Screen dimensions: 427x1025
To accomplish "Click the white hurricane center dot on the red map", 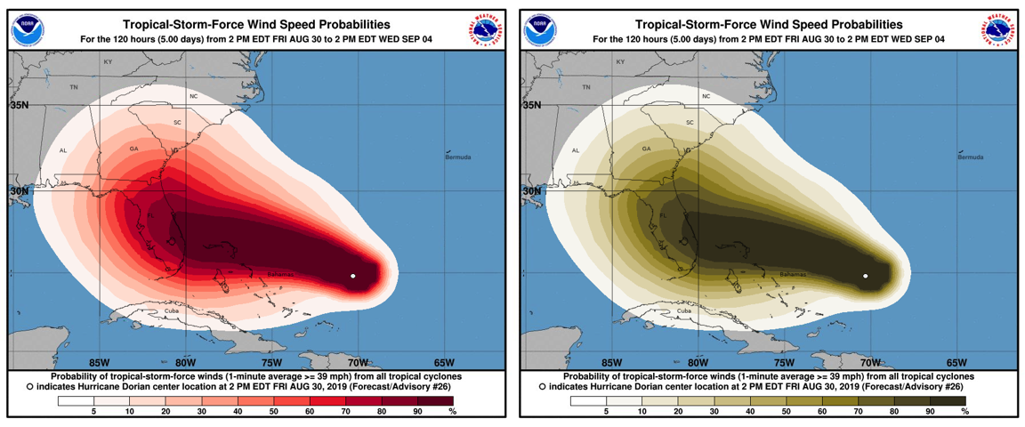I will [353, 277].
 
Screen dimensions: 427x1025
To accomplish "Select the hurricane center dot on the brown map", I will [866, 277].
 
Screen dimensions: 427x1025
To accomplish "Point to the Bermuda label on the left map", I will [458, 157].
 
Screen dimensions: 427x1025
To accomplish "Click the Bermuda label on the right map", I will [971, 157].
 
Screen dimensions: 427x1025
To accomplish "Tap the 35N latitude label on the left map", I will [20, 105].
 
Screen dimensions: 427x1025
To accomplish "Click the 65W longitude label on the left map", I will [444, 362].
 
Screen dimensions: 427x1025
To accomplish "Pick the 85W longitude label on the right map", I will [611, 362].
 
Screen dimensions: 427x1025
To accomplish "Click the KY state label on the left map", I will [108, 62].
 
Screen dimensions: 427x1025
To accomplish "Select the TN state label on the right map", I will [586, 87].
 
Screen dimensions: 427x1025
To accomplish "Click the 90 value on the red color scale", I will [416, 412].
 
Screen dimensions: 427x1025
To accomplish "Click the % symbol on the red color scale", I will [452, 412].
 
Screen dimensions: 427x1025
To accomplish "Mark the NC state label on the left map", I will [193, 96].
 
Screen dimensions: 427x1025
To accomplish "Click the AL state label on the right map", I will [576, 150].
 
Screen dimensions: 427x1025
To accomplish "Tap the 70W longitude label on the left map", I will [358, 362].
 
